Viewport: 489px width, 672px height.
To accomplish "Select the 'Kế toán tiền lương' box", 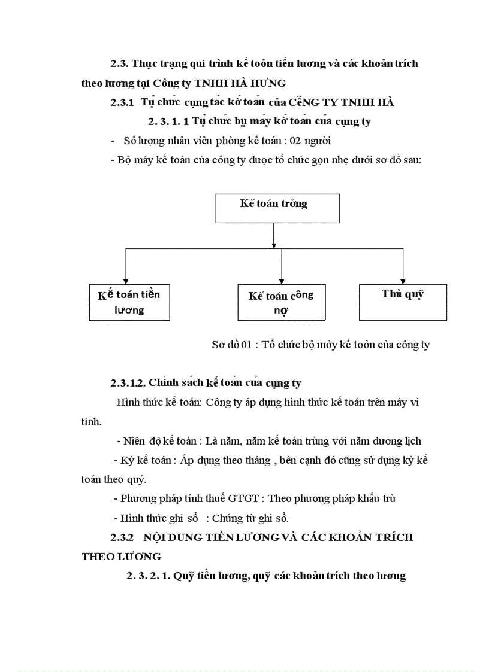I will pos(129,302).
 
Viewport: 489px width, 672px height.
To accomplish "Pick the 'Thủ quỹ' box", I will pos(402,302).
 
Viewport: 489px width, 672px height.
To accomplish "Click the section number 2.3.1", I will pos(122,102).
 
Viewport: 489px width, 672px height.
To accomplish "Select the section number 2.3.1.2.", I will pos(127,382).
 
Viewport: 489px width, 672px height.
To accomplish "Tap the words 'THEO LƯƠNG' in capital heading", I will pos(121,557).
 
